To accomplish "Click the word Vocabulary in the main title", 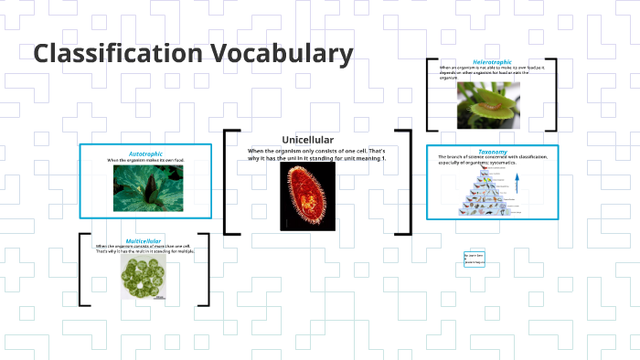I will click(x=287, y=54).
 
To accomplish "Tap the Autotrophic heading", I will click(x=145, y=154).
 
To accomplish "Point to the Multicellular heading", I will click(x=144, y=240).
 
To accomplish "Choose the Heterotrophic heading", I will click(x=492, y=61).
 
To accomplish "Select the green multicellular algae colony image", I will click(x=144, y=274).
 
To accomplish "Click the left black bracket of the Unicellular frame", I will click(x=229, y=182).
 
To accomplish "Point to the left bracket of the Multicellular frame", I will click(x=83, y=270).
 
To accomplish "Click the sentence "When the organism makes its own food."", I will click(x=145, y=161).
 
